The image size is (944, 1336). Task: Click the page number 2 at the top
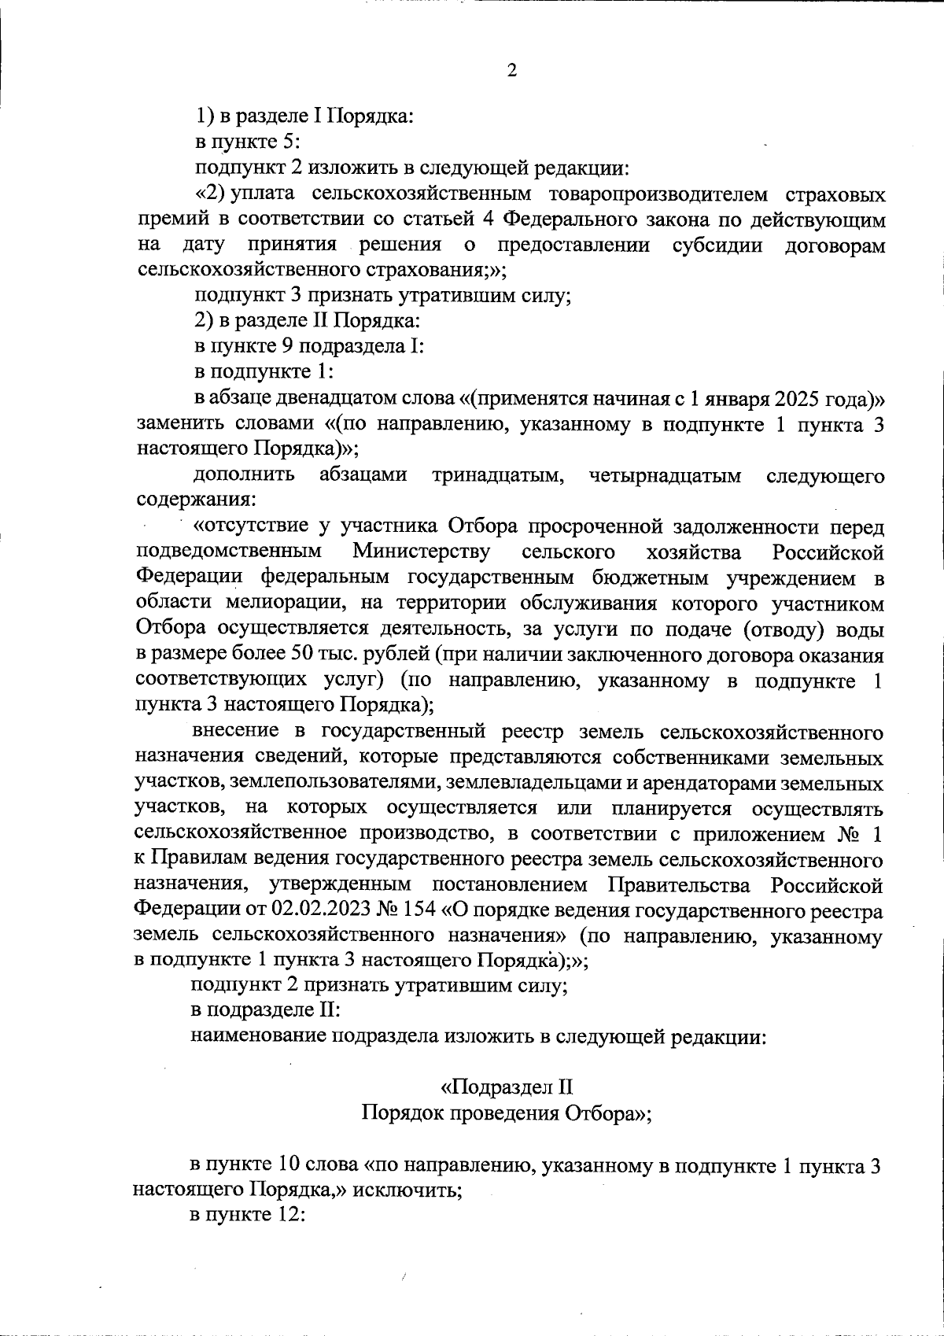click(511, 72)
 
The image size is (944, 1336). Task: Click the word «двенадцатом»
click(303, 399)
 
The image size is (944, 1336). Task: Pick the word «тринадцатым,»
click(496, 476)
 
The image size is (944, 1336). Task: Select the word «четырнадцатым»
click(665, 476)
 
